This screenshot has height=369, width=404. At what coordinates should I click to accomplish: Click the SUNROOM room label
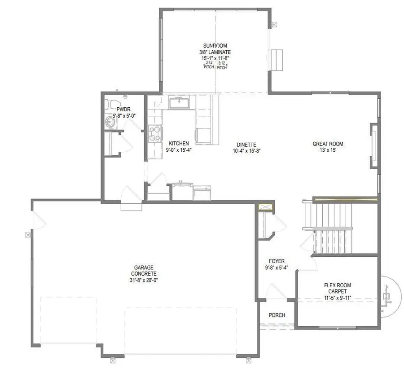[215, 46]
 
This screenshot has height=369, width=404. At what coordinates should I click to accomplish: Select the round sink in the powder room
[110, 122]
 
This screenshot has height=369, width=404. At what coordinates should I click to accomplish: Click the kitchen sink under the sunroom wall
[179, 102]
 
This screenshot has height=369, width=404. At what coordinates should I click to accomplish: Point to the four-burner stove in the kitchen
[155, 134]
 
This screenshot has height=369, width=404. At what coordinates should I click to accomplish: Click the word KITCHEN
[179, 144]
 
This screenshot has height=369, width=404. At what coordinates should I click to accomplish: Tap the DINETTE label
[246, 145]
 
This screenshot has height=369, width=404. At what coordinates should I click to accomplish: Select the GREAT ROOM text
[328, 144]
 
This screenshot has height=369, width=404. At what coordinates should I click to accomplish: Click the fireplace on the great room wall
[374, 146]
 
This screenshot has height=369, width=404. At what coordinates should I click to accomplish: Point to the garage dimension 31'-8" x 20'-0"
[144, 280]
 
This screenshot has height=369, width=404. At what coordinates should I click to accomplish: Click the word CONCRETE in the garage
[144, 274]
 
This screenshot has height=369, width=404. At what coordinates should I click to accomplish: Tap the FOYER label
[277, 261]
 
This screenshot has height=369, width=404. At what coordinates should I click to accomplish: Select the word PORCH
[277, 315]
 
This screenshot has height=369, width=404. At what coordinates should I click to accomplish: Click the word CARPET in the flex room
[338, 291]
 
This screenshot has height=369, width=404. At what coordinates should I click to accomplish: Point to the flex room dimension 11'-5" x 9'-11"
[338, 298]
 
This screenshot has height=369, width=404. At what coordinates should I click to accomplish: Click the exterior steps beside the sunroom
[277, 60]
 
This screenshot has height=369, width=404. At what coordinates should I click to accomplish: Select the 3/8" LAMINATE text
[215, 52]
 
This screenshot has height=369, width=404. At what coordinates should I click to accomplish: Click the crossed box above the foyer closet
[265, 207]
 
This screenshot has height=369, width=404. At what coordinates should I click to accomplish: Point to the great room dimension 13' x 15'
[328, 150]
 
